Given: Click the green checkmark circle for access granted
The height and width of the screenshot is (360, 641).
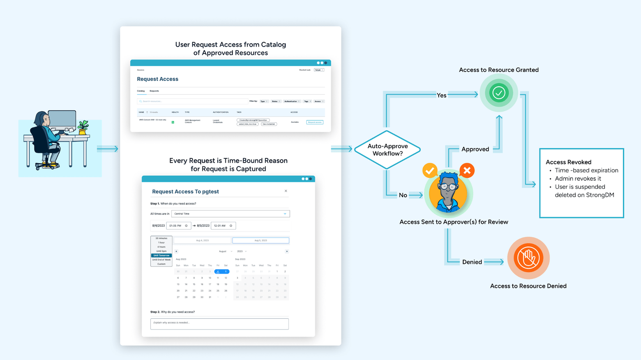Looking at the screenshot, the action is tap(498, 93).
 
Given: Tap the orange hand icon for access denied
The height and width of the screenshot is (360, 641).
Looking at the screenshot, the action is tap(528, 258).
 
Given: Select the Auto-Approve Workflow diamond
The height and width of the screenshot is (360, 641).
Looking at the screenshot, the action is tap(387, 150).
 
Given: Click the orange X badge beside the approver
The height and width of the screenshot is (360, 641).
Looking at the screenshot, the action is tap(467, 170).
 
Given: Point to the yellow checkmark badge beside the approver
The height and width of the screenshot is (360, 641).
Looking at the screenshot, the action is tap(430, 170).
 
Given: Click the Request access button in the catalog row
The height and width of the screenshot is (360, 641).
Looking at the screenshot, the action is tap(315, 122).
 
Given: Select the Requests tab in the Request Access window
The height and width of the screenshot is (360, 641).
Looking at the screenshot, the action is tap(154, 91).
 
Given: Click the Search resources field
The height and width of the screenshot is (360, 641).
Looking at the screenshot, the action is tap(192, 101).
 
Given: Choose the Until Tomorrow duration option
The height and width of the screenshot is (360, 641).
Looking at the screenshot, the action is tap(161, 255).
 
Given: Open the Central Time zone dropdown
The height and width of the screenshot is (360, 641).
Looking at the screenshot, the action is tap(231, 214).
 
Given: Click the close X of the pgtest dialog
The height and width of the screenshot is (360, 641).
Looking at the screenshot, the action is tap(286, 191).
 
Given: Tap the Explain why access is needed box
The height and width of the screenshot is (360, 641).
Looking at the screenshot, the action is tap(219, 324).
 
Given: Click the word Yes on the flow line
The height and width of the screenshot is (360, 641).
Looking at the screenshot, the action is tap(441, 95).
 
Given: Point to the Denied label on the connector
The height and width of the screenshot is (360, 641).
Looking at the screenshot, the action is tap(472, 262).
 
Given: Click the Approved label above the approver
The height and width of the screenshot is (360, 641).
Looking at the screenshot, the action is tap(475, 149).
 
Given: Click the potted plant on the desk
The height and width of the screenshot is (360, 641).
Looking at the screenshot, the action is tap(83, 127).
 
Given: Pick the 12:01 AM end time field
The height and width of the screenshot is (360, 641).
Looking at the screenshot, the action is tap(223, 226).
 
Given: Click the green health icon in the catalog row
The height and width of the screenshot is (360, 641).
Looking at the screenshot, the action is tap(173, 122).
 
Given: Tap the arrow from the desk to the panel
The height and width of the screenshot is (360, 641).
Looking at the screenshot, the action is tap(108, 149).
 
